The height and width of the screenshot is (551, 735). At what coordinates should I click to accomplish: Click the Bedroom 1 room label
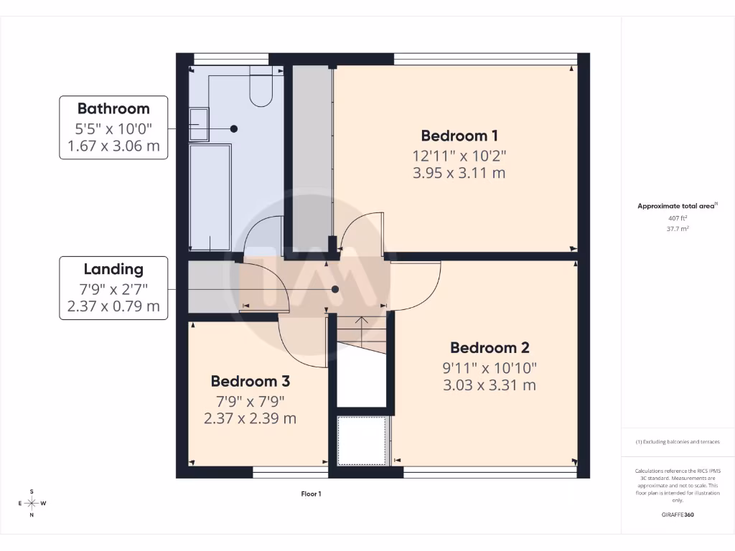(459, 136)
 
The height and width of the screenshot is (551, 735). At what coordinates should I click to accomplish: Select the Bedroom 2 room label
(490, 348)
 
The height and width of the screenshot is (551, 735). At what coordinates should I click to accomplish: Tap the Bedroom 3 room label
(251, 381)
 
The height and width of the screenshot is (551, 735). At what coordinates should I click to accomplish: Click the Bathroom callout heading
(113, 109)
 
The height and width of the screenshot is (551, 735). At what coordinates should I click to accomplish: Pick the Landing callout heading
(113, 270)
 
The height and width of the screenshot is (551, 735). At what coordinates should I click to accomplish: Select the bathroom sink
(198, 125)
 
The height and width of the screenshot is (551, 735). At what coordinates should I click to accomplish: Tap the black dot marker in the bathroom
(234, 128)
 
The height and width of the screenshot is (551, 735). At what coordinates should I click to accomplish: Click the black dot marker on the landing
(335, 289)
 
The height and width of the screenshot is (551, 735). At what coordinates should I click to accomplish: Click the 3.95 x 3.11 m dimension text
(459, 173)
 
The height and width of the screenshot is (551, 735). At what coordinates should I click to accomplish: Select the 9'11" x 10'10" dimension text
(490, 367)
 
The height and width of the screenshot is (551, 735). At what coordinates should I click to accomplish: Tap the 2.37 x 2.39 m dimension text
(251, 418)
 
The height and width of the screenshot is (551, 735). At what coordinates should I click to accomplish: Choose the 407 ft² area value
(678, 218)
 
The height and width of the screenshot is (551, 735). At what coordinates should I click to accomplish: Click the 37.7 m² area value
(678, 229)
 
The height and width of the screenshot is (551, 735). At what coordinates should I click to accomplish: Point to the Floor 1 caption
(311, 494)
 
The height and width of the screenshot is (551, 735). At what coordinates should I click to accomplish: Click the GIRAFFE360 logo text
(678, 514)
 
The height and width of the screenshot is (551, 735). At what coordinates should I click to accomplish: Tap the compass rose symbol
(32, 503)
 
